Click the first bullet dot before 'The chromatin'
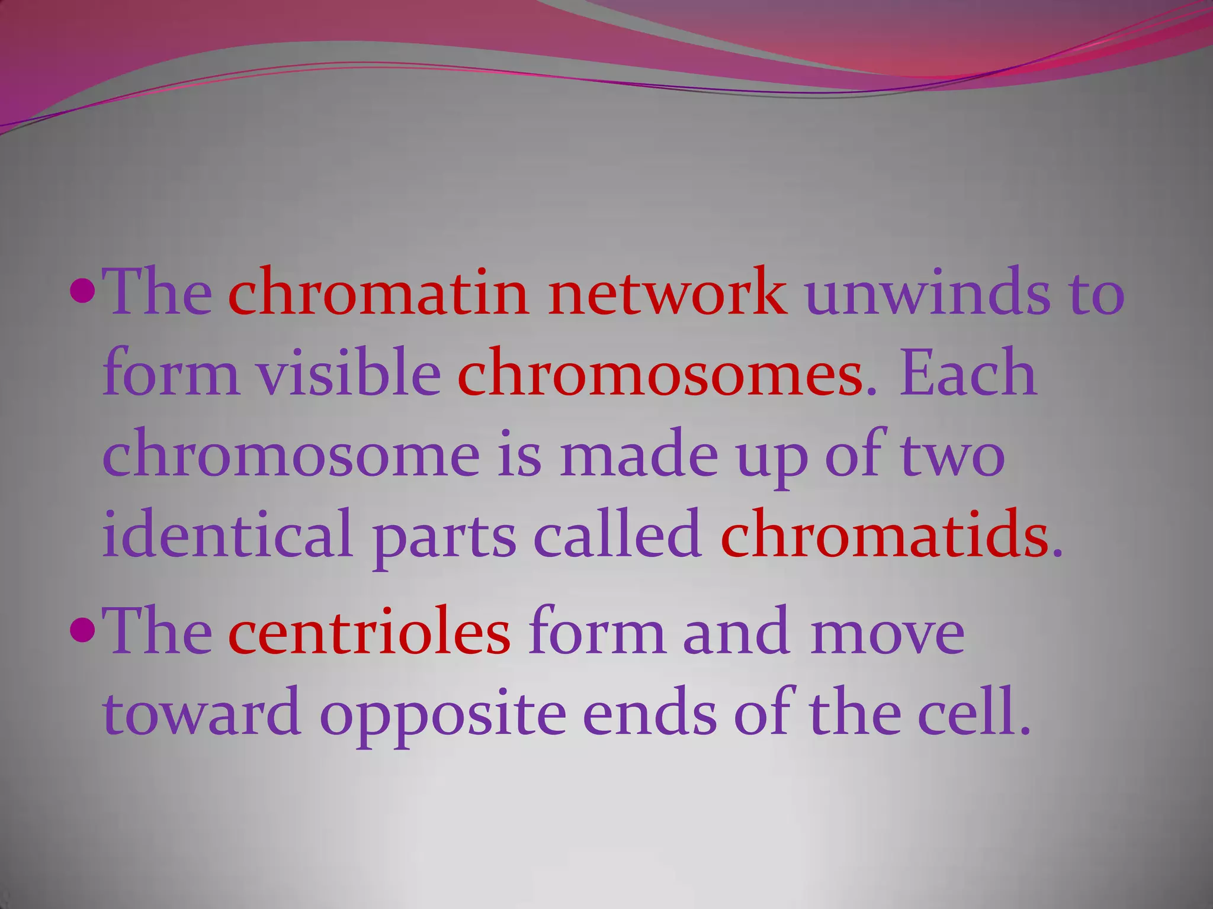(x=82, y=291)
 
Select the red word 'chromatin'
(x=378, y=292)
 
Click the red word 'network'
(x=668, y=292)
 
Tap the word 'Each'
(x=968, y=373)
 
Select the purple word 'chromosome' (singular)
(x=291, y=455)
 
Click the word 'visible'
(x=348, y=372)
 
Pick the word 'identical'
(x=228, y=535)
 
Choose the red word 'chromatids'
(x=884, y=535)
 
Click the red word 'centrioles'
(x=369, y=633)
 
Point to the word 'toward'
(x=201, y=714)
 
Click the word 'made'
(x=638, y=454)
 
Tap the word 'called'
(x=618, y=535)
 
